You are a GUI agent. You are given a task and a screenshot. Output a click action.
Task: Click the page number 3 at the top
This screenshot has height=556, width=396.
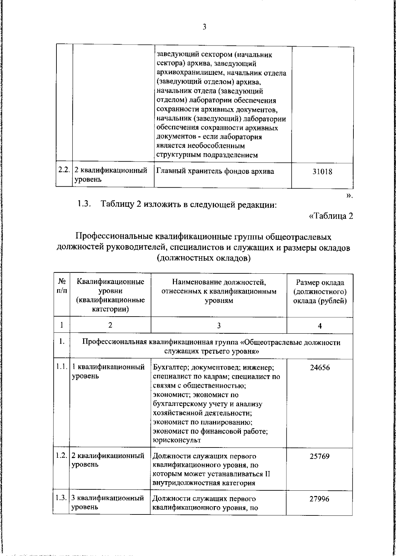coord(204,27)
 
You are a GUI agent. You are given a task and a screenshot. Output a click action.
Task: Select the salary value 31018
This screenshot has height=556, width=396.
coord(322,172)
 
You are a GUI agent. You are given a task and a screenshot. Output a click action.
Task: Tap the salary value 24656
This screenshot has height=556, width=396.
coord(319,368)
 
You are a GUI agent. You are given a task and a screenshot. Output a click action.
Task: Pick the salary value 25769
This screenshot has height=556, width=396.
coord(319,457)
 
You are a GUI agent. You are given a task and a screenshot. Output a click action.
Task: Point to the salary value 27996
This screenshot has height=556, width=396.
coord(319,499)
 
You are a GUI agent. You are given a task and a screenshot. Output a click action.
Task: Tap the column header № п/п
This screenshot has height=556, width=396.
coord(62,287)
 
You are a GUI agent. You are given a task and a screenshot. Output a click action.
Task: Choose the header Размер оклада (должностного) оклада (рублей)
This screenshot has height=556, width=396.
coord(320,292)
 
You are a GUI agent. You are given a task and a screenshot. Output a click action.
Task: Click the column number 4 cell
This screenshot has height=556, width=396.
coord(319,326)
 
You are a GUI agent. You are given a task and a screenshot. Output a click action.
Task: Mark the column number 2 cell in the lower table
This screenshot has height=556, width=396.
coord(110,325)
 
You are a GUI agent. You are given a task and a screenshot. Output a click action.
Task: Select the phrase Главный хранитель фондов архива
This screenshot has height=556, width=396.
coord(215,171)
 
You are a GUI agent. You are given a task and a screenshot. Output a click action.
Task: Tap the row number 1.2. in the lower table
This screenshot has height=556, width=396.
coord(62,456)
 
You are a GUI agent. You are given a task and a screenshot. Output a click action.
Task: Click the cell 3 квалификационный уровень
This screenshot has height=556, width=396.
coord(108,503)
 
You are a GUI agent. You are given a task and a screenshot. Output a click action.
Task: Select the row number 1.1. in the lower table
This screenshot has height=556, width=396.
coord(62,367)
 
